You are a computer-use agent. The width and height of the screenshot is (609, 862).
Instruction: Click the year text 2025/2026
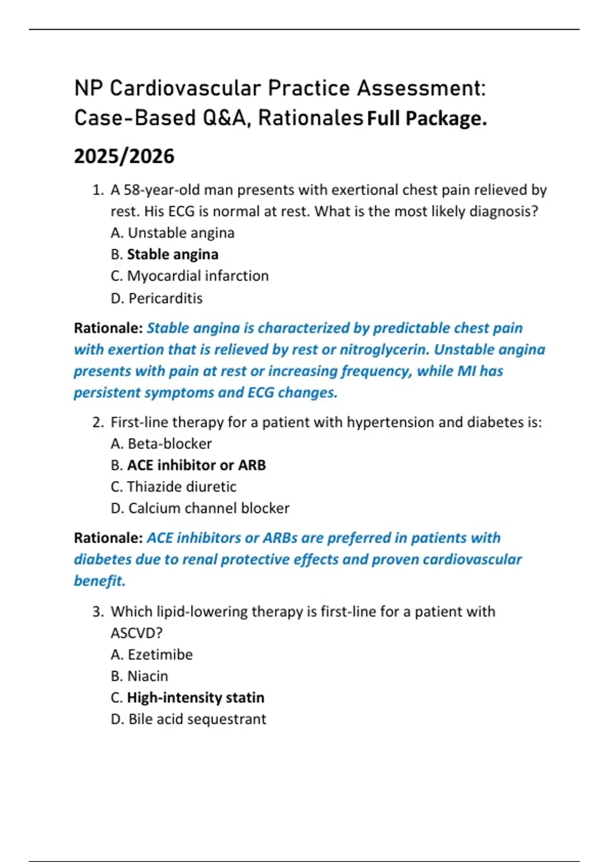(124, 156)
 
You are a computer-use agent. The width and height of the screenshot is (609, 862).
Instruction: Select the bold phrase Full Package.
(427, 119)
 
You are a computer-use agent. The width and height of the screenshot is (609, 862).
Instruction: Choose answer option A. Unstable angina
(173, 233)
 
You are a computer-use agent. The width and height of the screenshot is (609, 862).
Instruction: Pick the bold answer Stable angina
(173, 254)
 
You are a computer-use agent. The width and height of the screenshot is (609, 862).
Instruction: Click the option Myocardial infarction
(197, 276)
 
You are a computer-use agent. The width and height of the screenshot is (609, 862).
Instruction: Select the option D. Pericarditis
(156, 298)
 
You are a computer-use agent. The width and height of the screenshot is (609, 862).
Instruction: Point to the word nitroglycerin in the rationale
(384, 349)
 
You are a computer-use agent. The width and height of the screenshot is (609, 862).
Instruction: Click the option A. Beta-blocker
(161, 444)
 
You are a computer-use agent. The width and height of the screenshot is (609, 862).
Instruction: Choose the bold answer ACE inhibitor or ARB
(196, 465)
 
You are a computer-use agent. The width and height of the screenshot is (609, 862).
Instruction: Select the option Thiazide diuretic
(181, 487)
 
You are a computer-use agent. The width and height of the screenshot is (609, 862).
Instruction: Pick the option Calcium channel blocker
(209, 508)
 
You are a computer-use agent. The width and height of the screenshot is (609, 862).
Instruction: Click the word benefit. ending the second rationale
(99, 581)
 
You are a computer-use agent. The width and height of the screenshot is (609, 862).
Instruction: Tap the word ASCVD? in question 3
(137, 633)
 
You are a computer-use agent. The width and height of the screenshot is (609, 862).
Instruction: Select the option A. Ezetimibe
(151, 655)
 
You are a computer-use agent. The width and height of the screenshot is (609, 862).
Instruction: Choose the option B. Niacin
(139, 676)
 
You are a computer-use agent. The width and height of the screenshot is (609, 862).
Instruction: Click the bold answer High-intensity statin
(195, 698)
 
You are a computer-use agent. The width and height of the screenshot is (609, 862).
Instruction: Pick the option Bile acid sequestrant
(197, 719)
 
